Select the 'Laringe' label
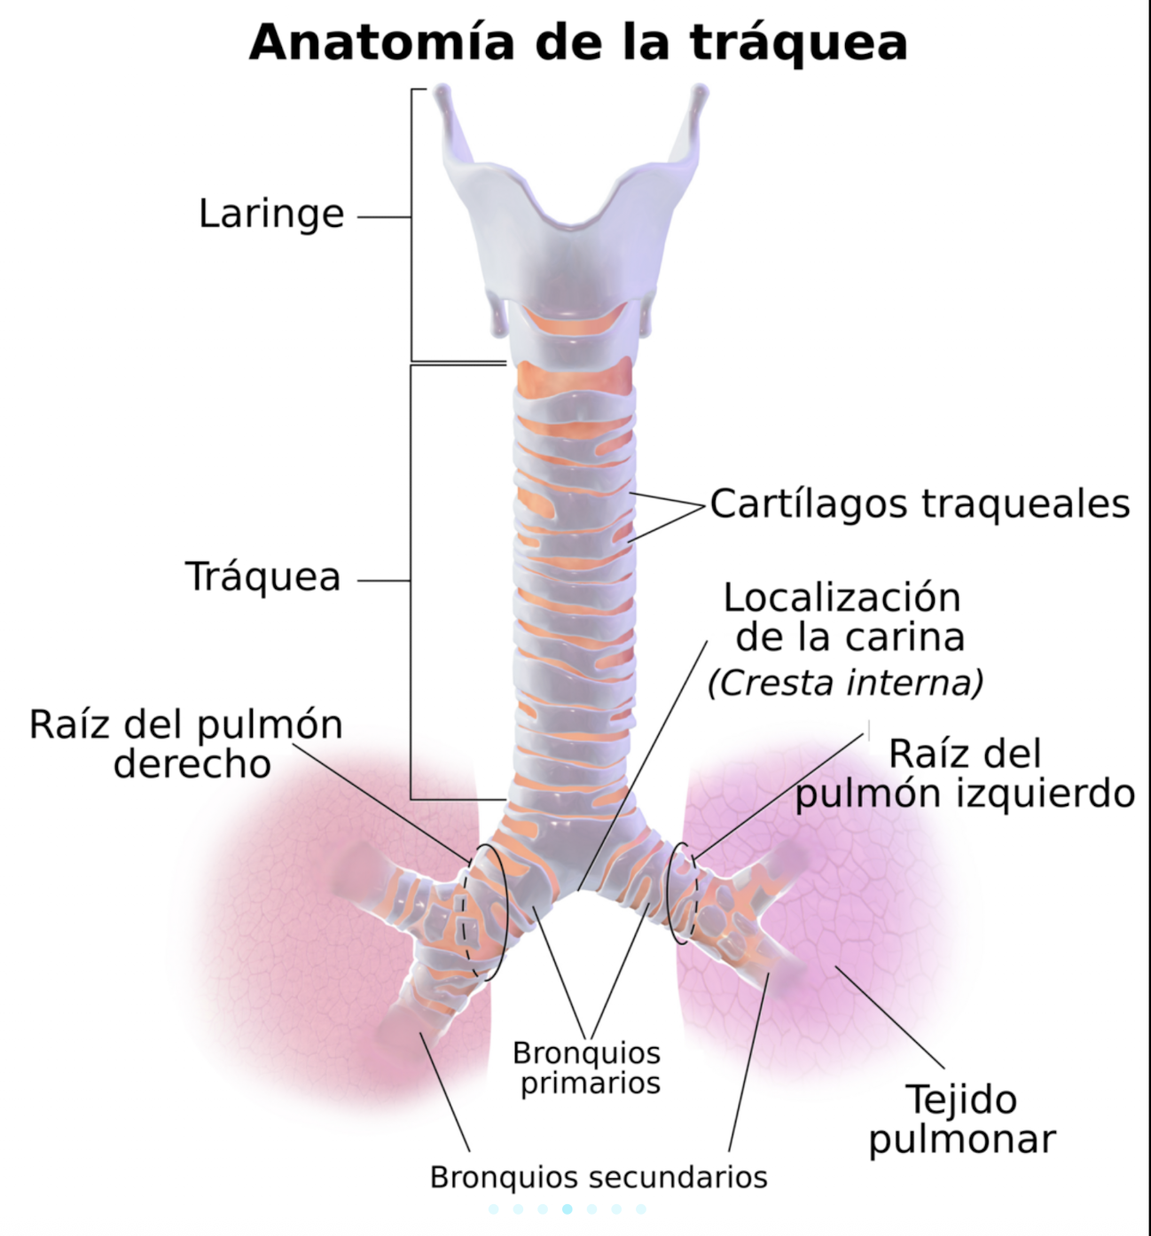pos(270,214)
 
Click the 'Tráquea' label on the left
pos(262,577)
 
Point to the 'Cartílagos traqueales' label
pos(920,504)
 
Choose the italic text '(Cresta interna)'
pos(845,683)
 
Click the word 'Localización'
pos(842,598)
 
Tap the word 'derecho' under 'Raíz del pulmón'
pos(192,763)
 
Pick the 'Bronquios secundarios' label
pos(599,1177)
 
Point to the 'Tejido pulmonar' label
pos(962,1119)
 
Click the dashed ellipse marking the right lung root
pos(484,911)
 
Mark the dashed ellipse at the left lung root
pos(680,892)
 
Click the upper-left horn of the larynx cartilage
pos(443,102)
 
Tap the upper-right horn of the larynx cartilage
pos(700,102)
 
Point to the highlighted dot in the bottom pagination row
pos(567,1209)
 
